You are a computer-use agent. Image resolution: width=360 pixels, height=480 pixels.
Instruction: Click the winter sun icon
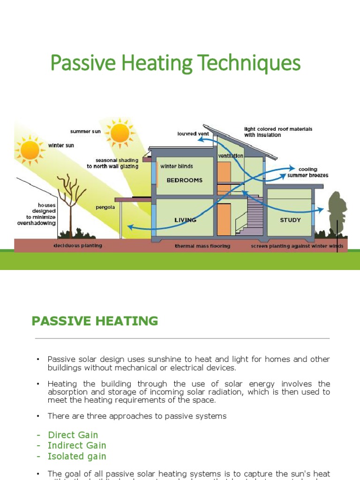(x=30, y=150)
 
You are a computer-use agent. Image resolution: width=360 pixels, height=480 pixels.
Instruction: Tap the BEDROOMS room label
(x=185, y=180)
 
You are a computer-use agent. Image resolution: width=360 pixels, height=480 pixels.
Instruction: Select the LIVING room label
(x=185, y=220)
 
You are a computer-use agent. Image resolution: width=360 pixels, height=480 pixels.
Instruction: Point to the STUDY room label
(x=290, y=220)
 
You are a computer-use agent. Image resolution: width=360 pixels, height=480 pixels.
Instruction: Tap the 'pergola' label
(x=105, y=207)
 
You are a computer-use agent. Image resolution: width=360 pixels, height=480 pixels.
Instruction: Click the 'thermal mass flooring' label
(x=202, y=246)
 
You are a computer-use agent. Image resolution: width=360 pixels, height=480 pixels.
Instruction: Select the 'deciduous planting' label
(x=78, y=246)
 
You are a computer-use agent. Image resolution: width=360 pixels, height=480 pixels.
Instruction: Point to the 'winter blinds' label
(x=177, y=166)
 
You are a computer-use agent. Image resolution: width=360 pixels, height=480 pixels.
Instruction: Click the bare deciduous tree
(x=70, y=202)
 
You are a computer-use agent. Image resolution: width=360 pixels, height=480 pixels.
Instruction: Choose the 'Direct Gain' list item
(x=73, y=435)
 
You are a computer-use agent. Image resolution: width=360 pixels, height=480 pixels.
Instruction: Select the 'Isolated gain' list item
(x=77, y=457)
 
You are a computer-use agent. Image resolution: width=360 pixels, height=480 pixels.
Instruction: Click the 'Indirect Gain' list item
(x=77, y=446)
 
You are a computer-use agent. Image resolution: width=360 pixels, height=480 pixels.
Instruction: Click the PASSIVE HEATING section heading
(x=95, y=321)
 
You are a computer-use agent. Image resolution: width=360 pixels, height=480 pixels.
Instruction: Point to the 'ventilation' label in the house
(x=231, y=156)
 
